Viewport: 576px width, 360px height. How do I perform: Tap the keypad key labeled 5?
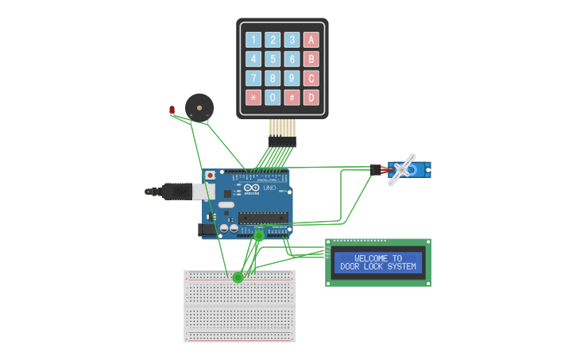click(273, 59)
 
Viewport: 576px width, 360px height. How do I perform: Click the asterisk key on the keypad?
click(253, 98)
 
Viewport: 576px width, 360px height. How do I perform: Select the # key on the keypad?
click(292, 98)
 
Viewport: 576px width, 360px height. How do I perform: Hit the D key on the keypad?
click(311, 98)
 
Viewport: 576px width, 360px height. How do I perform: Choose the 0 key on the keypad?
click(273, 98)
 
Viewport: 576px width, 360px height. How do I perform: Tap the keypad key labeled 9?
click(292, 78)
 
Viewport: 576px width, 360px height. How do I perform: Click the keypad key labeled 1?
click(253, 40)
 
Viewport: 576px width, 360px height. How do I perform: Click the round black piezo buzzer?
click(199, 106)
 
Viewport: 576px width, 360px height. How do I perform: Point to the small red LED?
click(172, 110)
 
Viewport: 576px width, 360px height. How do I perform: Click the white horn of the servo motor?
click(403, 169)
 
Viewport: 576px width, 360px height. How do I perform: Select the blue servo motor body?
click(419, 169)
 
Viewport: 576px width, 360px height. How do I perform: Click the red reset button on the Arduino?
click(210, 175)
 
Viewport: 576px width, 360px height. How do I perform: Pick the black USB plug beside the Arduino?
click(171, 192)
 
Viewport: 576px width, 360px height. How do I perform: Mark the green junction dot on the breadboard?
click(238, 277)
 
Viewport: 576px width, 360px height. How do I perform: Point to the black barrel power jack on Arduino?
click(205, 230)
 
